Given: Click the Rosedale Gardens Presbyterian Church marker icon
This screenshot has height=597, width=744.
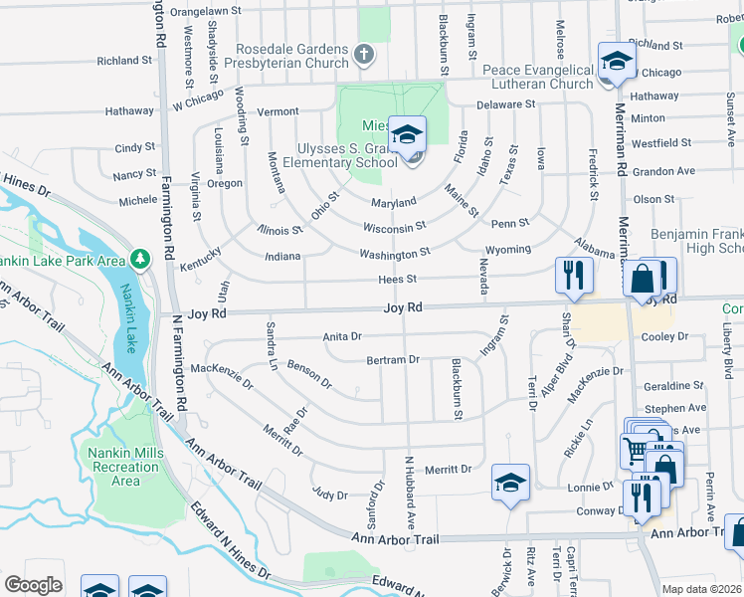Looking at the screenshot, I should point(364,54).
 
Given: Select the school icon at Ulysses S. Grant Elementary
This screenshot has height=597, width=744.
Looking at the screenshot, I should point(406,135).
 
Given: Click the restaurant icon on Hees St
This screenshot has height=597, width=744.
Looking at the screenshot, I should point(573,274).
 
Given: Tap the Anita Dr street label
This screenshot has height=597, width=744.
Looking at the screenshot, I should point(342,337).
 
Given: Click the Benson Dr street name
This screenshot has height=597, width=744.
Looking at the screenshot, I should point(308,375).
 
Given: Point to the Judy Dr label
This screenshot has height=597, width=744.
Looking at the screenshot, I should point(329,495).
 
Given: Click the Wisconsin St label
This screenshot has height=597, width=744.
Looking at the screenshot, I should point(394,228).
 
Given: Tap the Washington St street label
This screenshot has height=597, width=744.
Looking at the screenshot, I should point(395,254).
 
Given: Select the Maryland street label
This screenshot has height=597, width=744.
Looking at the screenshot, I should point(394,202).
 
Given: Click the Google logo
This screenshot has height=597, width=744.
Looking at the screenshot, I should point(33,585).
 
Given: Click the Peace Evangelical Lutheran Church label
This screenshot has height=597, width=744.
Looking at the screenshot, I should point(537,77).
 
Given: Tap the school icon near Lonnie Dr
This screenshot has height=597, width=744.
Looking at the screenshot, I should point(510,483).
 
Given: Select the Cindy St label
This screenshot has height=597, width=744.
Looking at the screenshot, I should point(135,147).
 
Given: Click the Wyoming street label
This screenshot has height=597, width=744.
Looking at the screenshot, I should point(507,249).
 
